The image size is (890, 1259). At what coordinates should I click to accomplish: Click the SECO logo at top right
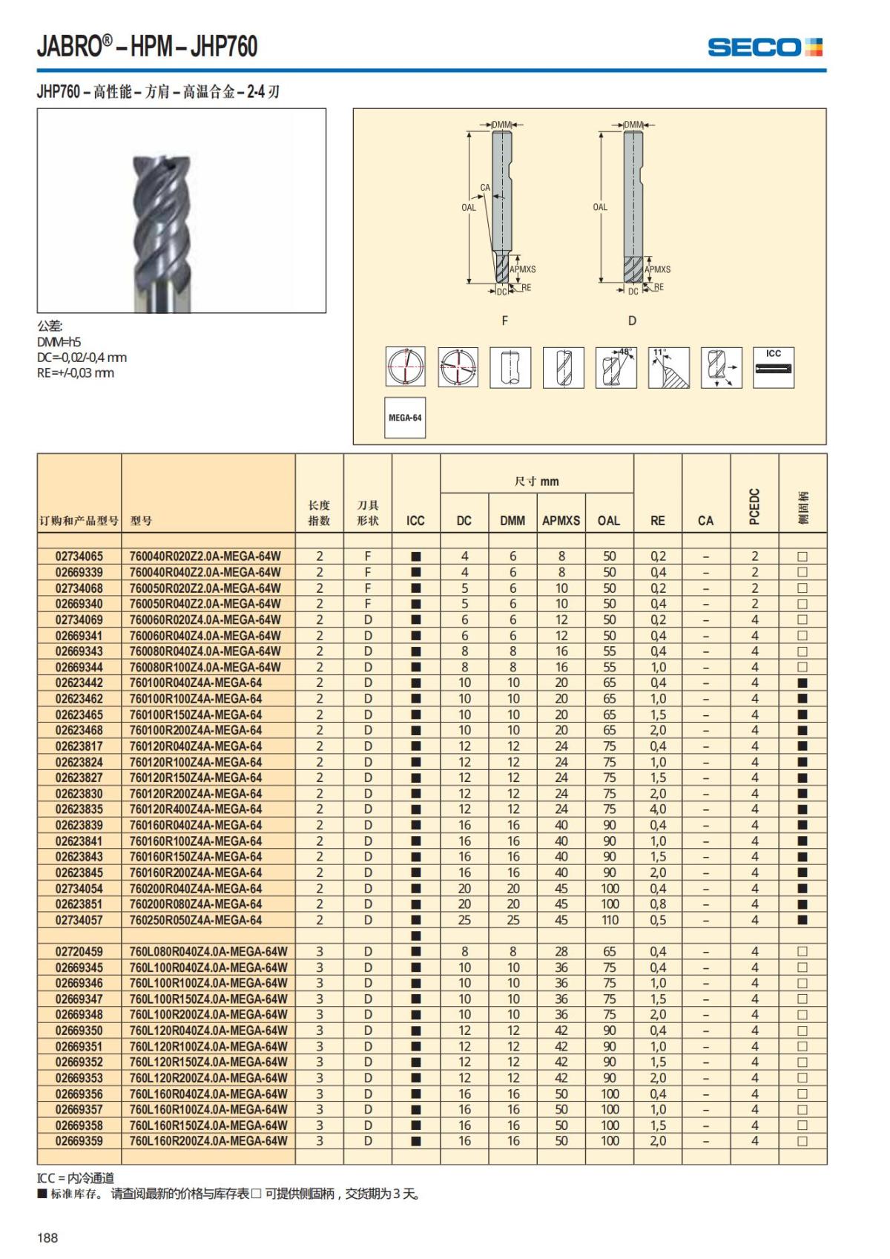765,47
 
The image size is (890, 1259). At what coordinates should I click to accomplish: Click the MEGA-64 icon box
405,418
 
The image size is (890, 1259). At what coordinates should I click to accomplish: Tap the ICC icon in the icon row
774,366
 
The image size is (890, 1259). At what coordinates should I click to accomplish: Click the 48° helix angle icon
616,366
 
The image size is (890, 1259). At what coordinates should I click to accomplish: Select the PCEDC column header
754,507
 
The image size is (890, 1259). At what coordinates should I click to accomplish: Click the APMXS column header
561,521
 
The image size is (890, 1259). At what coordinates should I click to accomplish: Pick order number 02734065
79,556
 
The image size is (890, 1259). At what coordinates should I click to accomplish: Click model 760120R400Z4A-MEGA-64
196,809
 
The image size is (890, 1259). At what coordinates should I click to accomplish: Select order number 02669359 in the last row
79,1141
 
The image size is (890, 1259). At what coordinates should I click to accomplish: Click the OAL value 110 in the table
610,920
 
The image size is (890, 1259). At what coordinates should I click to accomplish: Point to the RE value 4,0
658,809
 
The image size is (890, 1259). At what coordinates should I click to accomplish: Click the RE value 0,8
658,904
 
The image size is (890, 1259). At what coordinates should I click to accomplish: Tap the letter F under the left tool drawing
505,320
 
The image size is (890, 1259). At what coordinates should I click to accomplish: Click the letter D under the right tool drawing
632,320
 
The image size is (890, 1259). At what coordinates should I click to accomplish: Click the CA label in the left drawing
485,188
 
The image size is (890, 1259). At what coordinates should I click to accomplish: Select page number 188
47,1237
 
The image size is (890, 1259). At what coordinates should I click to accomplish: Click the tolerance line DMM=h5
59,342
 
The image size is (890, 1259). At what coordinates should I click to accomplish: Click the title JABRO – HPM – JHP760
147,47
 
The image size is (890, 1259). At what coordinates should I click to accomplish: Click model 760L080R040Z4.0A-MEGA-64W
208,952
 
